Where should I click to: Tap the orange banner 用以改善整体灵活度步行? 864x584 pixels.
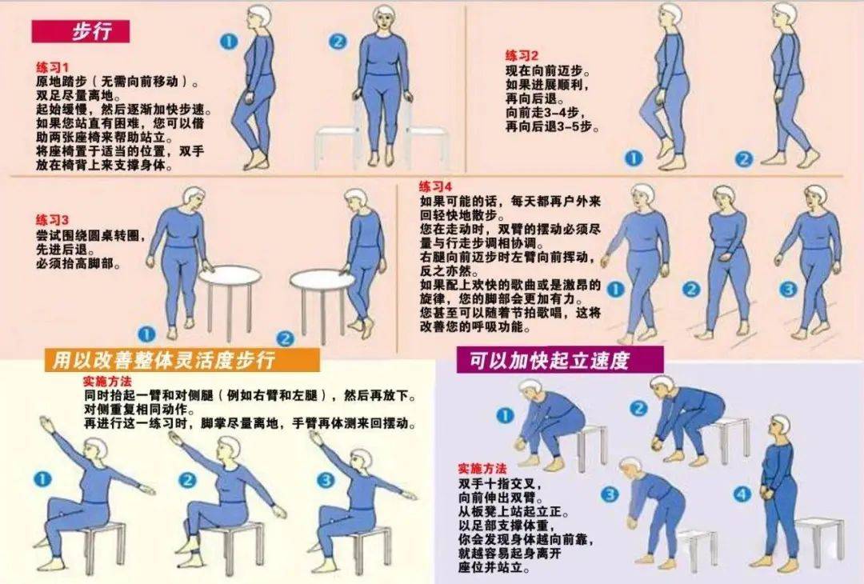click(x=163, y=360)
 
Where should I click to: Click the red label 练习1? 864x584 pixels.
click(x=53, y=67)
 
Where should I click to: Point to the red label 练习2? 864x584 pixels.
click(x=522, y=55)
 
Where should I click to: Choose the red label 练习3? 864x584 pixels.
click(x=53, y=219)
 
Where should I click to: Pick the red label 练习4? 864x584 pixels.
click(x=436, y=186)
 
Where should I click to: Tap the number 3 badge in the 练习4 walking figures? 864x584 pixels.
click(x=788, y=289)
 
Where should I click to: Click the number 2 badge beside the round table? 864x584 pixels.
click(x=285, y=338)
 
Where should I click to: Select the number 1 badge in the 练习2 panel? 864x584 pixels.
click(x=633, y=158)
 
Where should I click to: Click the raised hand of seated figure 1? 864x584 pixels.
click(x=48, y=422)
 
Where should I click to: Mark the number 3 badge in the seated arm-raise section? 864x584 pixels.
click(x=326, y=480)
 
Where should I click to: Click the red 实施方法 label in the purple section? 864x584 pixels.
click(x=482, y=468)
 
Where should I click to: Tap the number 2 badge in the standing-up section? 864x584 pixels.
click(x=638, y=409)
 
